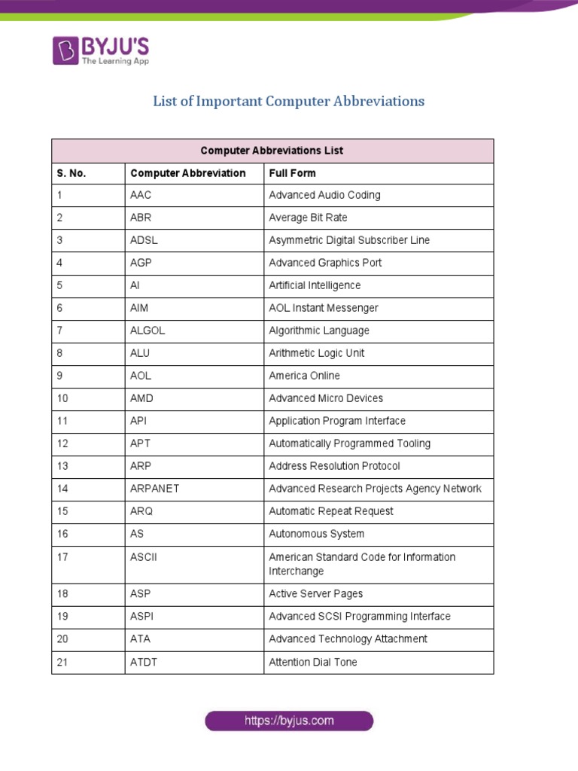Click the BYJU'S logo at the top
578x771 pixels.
pyautogui.click(x=101, y=50)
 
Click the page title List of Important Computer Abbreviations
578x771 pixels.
pyautogui.click(x=289, y=101)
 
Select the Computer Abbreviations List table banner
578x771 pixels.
pyautogui.click(x=272, y=151)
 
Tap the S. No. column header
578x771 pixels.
pyautogui.click(x=71, y=173)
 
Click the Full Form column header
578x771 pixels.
pyautogui.click(x=292, y=173)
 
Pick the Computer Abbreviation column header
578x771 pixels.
pyautogui.click(x=187, y=173)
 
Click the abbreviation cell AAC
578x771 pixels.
pyautogui.click(x=141, y=195)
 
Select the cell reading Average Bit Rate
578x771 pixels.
pyautogui.click(x=308, y=218)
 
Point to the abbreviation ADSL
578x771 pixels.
pyautogui.click(x=144, y=240)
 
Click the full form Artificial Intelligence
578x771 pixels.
pyautogui.click(x=315, y=285)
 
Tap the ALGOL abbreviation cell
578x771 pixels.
pyautogui.click(x=148, y=331)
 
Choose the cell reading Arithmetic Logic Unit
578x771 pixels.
pyautogui.click(x=316, y=353)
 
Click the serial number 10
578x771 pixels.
pyautogui.click(x=62, y=398)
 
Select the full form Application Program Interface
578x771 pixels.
pyautogui.click(x=337, y=421)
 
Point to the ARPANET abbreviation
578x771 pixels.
pyautogui.click(x=154, y=489)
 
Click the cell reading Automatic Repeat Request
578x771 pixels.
pyautogui.click(x=331, y=511)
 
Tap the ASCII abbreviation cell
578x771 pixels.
pyautogui.click(x=144, y=557)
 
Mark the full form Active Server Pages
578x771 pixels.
pyautogui.click(x=315, y=593)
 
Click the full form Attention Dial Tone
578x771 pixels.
pyautogui.click(x=312, y=663)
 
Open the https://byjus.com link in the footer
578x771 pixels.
pyautogui.click(x=289, y=721)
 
